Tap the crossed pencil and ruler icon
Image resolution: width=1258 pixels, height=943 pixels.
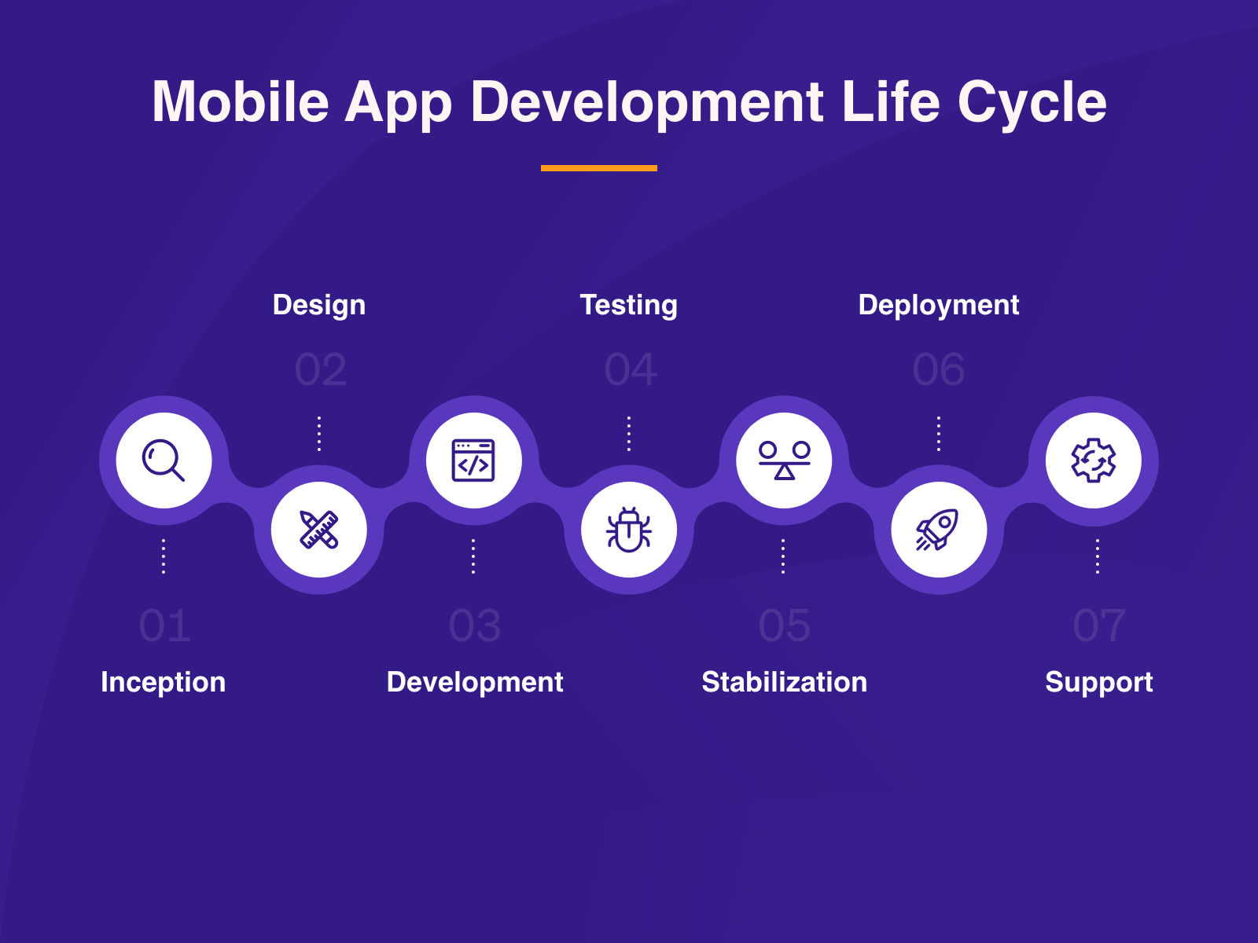pos(318,530)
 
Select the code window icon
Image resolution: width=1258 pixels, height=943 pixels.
pos(473,460)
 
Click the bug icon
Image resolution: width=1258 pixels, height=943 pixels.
pos(629,530)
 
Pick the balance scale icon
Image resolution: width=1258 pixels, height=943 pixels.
pos(784,460)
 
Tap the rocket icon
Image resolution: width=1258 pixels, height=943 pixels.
pos(938,530)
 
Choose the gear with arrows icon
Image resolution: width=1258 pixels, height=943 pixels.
pos(1094,460)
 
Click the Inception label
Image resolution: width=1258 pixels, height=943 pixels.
pos(164,682)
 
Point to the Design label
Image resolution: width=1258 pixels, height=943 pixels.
pos(319,305)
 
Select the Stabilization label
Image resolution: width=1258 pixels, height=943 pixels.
pos(785,682)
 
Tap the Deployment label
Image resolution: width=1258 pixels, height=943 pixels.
pos(939,305)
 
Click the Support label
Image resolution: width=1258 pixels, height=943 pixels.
pos(1099,682)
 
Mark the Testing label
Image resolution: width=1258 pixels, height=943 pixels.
pos(629,305)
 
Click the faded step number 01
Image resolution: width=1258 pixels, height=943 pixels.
pos(164,626)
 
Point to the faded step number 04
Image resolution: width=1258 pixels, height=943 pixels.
pos(631,369)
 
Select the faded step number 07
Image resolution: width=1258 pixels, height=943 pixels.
pos(1099,626)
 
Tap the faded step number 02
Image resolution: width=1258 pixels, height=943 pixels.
pos(320,369)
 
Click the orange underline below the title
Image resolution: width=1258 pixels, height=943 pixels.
pos(599,167)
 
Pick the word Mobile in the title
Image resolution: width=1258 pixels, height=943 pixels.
pos(241,102)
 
